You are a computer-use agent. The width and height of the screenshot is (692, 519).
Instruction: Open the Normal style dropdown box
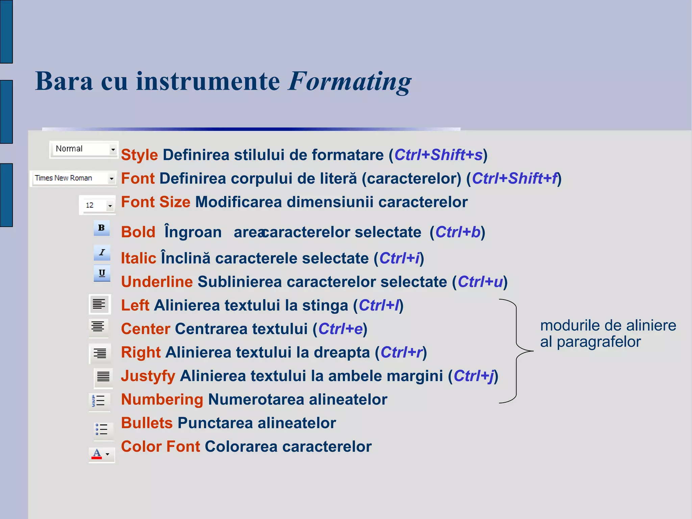tap(83, 149)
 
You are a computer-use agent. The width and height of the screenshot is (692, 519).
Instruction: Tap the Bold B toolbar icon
tap(101, 228)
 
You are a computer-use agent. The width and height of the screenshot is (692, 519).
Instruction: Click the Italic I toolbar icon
tap(102, 253)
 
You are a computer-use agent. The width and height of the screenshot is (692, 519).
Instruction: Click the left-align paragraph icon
tap(99, 304)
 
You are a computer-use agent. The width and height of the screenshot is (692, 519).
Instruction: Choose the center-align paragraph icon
tap(98, 327)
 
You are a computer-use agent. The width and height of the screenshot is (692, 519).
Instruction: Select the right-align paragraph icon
tap(100, 353)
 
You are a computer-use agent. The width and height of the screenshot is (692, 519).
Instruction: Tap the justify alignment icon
tap(103, 376)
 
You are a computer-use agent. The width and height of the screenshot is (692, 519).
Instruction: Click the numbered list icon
tap(99, 401)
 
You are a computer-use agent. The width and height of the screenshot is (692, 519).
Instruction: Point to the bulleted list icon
tap(102, 429)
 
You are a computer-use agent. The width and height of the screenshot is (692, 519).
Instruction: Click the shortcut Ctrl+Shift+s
tap(438, 155)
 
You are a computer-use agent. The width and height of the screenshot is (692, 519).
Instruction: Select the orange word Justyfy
tap(148, 376)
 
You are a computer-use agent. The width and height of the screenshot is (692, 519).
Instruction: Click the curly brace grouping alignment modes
tap(516, 351)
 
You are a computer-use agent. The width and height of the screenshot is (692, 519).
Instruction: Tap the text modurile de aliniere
tap(608, 326)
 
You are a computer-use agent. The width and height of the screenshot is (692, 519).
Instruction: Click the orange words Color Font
tap(160, 447)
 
